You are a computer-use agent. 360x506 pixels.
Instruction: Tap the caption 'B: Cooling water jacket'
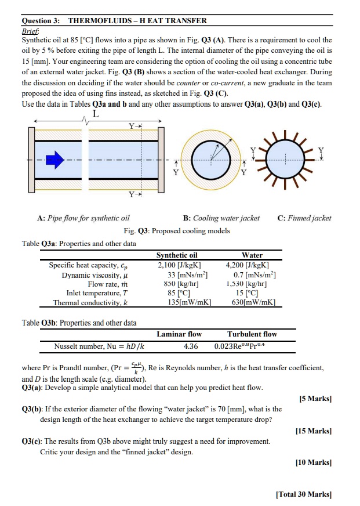pos(221,218)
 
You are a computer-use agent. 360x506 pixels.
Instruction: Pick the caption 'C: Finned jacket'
pos(304,218)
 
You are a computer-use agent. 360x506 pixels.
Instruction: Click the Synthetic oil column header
pos(177,255)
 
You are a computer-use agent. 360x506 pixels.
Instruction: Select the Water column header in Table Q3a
pos(252,255)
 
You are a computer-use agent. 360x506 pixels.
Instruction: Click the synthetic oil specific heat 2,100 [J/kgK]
pos(177,265)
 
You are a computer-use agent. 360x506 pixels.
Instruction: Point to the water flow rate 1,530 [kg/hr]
pos(251,284)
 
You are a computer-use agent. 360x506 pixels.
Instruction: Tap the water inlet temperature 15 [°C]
pos(251,294)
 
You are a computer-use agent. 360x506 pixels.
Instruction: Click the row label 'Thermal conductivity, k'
pos(90,303)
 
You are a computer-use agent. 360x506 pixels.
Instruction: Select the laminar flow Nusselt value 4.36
pos(191,346)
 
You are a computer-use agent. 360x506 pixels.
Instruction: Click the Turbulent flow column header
pos(252,334)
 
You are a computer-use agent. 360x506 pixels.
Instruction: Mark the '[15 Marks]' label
pos(314,431)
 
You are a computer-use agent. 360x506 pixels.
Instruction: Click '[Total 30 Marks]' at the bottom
pos(304,494)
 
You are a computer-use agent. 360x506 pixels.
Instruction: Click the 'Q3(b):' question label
pos(34,409)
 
